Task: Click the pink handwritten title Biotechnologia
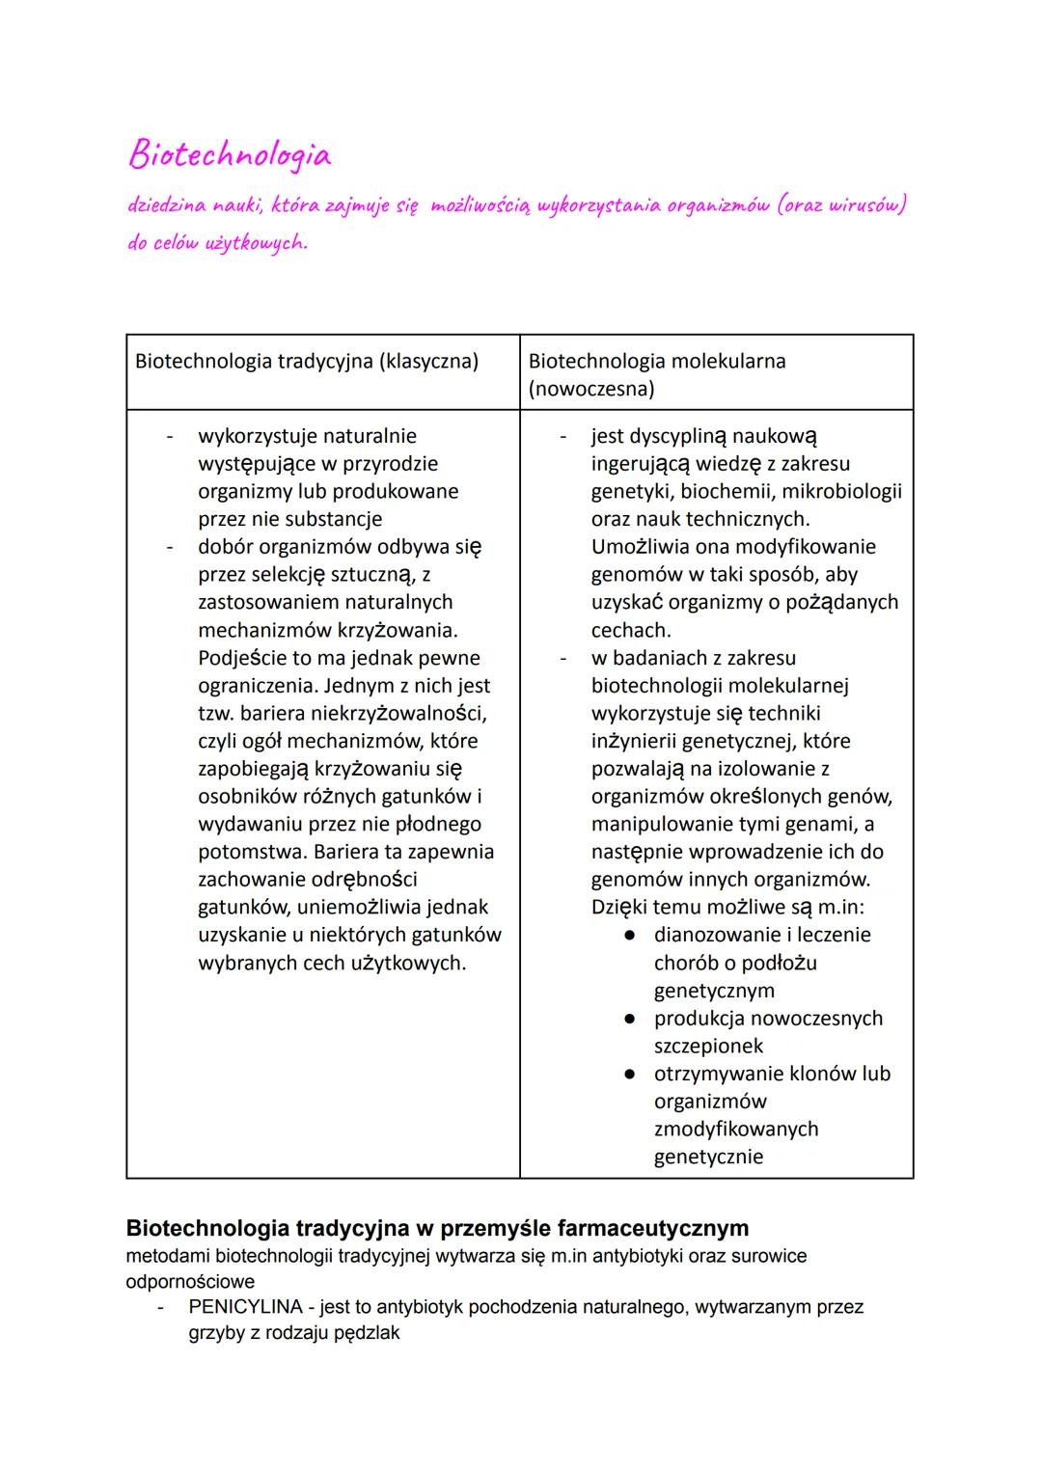click(230, 155)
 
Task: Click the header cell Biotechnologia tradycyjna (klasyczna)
click(307, 362)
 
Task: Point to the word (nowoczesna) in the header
click(591, 389)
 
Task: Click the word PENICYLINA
click(245, 1307)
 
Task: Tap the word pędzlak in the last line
click(367, 1333)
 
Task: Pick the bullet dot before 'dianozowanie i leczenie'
click(629, 936)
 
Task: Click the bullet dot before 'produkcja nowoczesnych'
click(629, 1019)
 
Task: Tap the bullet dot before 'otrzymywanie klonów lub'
click(629, 1075)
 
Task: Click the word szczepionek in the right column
click(708, 1047)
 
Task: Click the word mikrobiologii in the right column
click(841, 492)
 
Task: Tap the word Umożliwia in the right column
click(639, 547)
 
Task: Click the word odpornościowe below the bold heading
click(190, 1282)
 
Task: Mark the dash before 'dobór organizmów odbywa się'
click(170, 547)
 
